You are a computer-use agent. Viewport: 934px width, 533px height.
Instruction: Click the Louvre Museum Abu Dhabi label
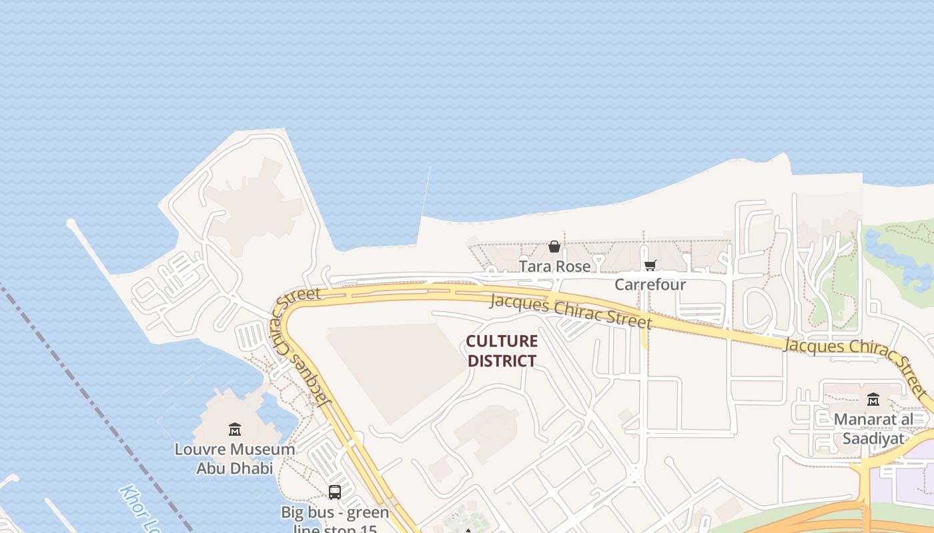[234, 458]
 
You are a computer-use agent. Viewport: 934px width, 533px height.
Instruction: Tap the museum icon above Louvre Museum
[234, 429]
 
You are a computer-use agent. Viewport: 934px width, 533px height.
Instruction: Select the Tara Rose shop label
[554, 266]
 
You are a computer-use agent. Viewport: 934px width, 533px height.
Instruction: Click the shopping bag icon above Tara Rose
[554, 247]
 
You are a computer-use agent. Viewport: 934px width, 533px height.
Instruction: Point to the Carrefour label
[650, 284]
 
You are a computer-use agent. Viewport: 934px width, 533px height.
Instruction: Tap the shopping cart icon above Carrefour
[650, 266]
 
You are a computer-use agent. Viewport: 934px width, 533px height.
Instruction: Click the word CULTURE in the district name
[502, 342]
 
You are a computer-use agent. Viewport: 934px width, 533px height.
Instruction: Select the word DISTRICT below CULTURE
[502, 361]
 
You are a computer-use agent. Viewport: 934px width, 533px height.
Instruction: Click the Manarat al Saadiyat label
[873, 428]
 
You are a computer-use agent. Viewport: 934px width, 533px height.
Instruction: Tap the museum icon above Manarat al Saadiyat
[873, 400]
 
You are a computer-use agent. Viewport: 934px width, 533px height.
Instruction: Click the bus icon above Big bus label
[335, 492]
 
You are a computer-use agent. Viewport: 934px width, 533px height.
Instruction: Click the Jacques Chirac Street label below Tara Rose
[570, 311]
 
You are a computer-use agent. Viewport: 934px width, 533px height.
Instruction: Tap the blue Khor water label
[140, 510]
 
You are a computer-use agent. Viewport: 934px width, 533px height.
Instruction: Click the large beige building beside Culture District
[394, 370]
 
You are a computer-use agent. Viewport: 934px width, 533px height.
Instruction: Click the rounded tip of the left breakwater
[71, 224]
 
